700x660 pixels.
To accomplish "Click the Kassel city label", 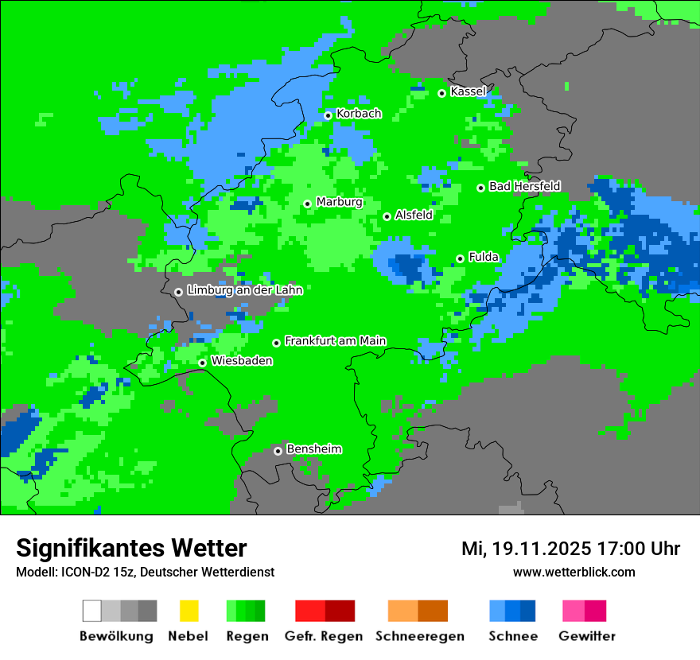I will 468,91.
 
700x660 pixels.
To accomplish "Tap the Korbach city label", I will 359,114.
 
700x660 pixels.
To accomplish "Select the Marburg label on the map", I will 339,202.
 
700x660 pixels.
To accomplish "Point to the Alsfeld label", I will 414,215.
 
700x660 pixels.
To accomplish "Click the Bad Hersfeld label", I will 524,186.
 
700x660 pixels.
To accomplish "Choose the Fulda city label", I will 484,257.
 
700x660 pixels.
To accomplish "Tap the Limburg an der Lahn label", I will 244,290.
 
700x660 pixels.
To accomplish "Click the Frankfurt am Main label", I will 335,341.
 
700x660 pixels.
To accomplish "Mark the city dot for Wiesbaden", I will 203,363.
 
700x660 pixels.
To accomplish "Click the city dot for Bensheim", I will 278,451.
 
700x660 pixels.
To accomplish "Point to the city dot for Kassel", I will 441,93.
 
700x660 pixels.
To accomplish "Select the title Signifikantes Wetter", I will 131,548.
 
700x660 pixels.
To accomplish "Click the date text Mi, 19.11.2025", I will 525,549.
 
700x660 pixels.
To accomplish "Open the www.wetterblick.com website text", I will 574,572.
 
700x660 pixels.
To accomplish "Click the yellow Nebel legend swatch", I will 189,611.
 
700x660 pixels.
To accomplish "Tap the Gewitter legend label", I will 586,636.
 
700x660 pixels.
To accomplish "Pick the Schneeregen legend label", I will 419,636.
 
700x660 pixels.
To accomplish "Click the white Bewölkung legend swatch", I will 92,611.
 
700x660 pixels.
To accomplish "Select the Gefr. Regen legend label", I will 323,636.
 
